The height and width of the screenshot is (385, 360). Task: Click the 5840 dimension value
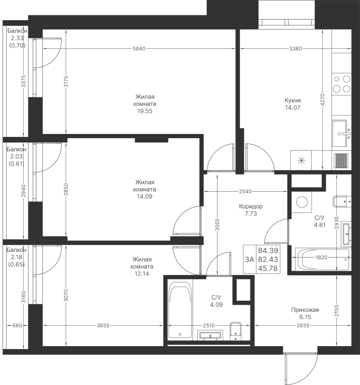tap(139, 49)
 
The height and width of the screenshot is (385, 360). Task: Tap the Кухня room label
tap(293, 100)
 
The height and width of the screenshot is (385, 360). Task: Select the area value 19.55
tap(145, 111)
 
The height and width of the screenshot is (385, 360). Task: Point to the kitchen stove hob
tap(342, 83)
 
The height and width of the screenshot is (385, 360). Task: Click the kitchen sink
tap(342, 133)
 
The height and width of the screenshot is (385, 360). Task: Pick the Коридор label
tap(251, 206)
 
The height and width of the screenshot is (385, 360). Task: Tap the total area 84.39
tap(268, 250)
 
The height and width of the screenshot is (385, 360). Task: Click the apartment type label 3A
tap(250, 259)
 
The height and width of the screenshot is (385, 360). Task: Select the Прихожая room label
tap(305, 310)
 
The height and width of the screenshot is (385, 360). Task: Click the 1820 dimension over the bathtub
tap(321, 258)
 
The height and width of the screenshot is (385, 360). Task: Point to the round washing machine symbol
tap(302, 202)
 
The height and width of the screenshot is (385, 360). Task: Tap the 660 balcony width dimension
tap(17, 326)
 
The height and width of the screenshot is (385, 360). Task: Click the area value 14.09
tap(145, 196)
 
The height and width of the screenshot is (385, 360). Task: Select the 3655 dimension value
tap(103, 326)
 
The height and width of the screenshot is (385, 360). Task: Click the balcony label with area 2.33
tap(17, 38)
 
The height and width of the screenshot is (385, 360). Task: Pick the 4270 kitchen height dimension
tap(323, 100)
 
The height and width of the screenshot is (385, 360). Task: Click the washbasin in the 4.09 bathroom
tap(210, 335)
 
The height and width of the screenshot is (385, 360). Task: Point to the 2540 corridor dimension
tap(245, 191)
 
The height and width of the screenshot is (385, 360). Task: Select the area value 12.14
tap(142, 273)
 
